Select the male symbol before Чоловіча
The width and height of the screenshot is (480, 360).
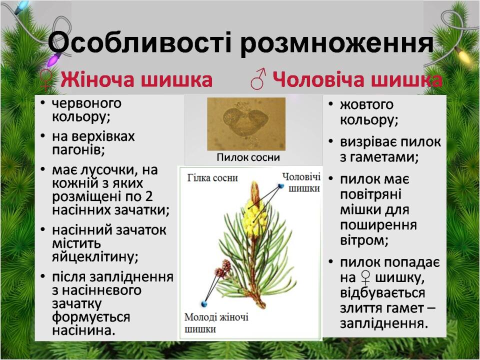[x=258, y=78]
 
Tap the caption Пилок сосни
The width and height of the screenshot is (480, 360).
[x=248, y=157]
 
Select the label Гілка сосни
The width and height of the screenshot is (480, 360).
[x=212, y=178]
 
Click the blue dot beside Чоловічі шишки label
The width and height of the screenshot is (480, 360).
[x=281, y=186]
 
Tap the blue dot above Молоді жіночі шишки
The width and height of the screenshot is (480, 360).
[x=204, y=304]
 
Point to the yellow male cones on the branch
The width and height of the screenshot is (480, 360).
[x=254, y=217]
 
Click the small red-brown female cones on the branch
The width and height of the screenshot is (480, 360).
[x=223, y=269]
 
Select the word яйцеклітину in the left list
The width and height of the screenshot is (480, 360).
[x=95, y=257]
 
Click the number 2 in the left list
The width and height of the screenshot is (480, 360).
[x=149, y=196]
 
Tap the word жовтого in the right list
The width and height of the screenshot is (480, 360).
[x=366, y=105]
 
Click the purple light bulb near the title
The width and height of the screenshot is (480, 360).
[x=54, y=59]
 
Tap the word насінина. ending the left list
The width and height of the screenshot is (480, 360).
[x=83, y=330]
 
